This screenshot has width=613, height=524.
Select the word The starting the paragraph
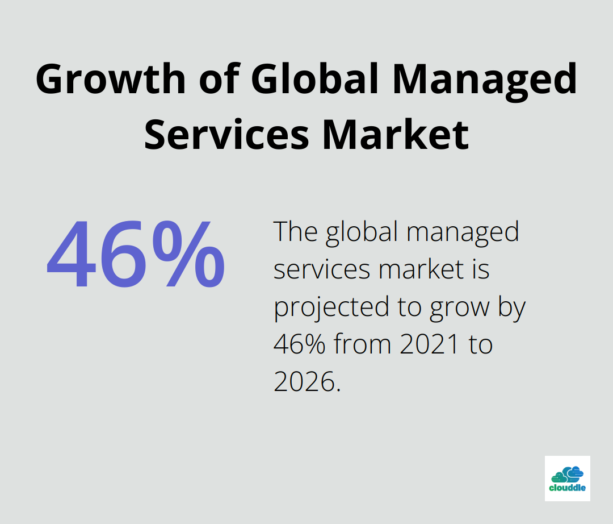click(295, 231)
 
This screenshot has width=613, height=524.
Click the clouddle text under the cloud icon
click(567, 488)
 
